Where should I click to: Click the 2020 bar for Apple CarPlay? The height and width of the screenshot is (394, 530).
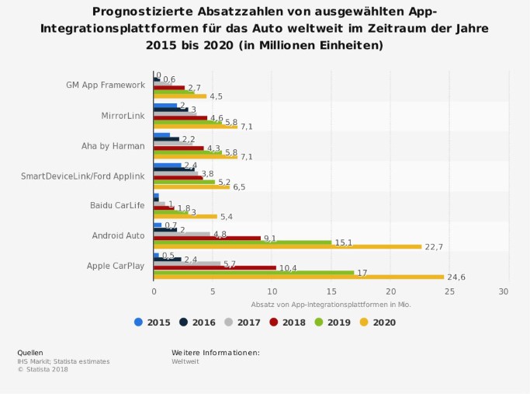point(299,277)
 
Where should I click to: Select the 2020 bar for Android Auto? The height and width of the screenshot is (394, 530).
point(287,246)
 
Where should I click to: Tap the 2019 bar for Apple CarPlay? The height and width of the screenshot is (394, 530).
point(254,272)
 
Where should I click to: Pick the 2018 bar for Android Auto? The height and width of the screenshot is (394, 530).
point(207,238)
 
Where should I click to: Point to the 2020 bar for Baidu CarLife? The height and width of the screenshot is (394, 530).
point(185,216)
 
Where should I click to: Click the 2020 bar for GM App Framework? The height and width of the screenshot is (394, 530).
point(180,96)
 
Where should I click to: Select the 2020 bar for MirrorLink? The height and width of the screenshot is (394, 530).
point(196,126)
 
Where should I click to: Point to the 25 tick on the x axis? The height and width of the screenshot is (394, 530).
point(445,291)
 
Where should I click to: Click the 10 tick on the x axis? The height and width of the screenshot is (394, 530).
point(272,291)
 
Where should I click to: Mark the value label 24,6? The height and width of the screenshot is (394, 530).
point(456,277)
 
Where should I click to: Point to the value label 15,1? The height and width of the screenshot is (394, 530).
point(344,242)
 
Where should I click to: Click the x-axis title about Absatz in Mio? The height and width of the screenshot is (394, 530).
point(331,304)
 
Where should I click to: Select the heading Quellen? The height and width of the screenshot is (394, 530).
point(30,352)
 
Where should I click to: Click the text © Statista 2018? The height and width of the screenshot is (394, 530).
point(43,369)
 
